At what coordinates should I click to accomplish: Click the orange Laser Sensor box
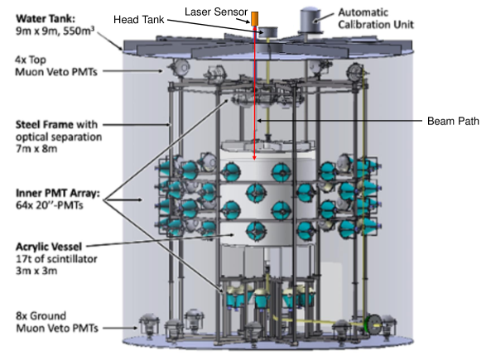pos(255,17)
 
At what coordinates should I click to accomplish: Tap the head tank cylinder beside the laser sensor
pos(269,31)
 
